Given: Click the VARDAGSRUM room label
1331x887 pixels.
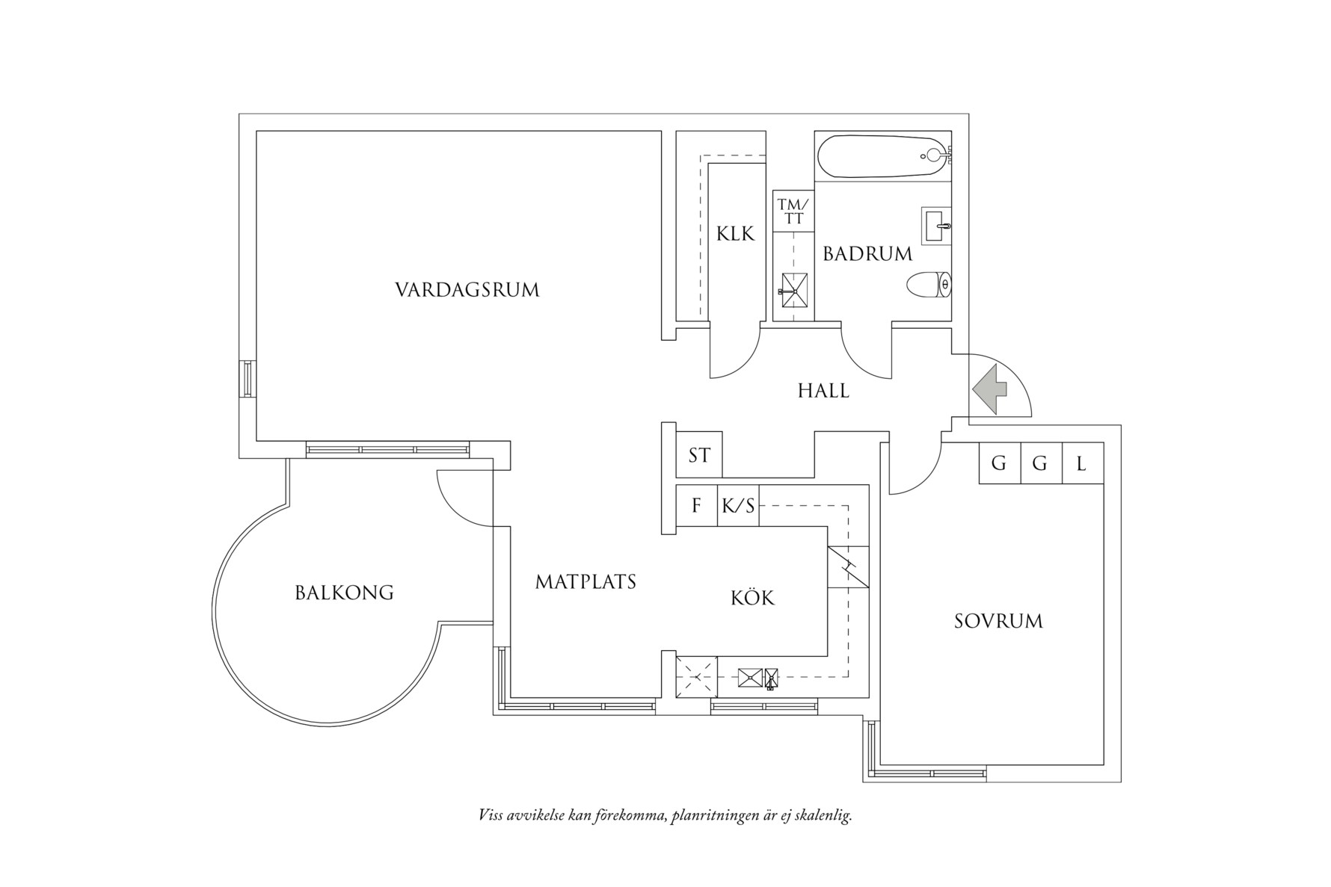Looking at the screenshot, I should point(467,290).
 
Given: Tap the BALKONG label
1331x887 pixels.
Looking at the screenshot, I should point(344,593).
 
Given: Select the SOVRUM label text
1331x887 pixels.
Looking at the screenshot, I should point(998,622).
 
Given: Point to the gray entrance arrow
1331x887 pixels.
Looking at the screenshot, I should point(991,389).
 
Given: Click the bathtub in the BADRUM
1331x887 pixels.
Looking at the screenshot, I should point(882,155).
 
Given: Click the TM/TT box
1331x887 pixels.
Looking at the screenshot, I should point(793,211).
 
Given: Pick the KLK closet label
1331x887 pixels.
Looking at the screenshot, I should point(736,234).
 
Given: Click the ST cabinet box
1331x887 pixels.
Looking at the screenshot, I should point(699,455).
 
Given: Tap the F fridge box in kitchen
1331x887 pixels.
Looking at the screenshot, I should point(696,506).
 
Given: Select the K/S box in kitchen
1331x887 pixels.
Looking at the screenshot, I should point(738,506).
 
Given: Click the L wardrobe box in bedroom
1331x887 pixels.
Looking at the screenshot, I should point(1082,463).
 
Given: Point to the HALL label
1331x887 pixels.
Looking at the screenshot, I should point(823,391).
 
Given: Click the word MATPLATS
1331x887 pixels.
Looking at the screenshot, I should point(585,581).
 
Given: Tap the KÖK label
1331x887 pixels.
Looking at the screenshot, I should point(752,598).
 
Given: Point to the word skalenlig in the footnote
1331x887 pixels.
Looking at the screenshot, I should point(824,815).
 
